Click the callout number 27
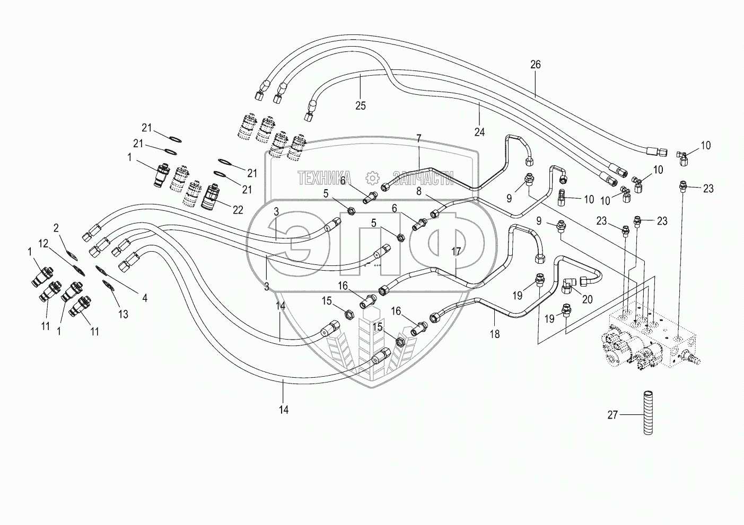pyautogui.click(x=612, y=415)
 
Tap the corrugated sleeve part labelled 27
pyautogui.click(x=647, y=412)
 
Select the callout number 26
pyautogui.click(x=536, y=65)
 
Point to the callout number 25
pyautogui.click(x=361, y=106)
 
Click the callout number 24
pyautogui.click(x=479, y=132)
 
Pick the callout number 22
pyautogui.click(x=238, y=210)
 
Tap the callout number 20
pyautogui.click(x=587, y=299)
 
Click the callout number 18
pyautogui.click(x=495, y=334)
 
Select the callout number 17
pyautogui.click(x=457, y=251)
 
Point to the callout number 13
pyautogui.click(x=123, y=315)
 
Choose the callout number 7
pyautogui.click(x=418, y=139)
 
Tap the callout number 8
pyautogui.click(x=418, y=191)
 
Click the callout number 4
pyautogui.click(x=145, y=298)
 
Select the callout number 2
pyautogui.click(x=56, y=228)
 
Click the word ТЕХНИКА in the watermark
pyautogui.click(x=324, y=177)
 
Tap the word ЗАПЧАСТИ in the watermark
pyautogui.click(x=423, y=177)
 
